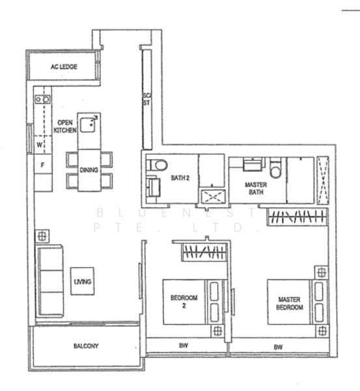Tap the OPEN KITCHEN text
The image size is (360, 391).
[x=64, y=126]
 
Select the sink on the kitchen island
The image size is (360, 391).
[x=89, y=123]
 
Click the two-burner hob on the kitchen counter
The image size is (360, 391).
[x=42, y=99]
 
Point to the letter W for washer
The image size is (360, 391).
[x=39, y=144]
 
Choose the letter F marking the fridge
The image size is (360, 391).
[x=42, y=165]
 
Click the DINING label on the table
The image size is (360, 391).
[x=89, y=170]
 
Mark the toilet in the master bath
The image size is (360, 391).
[x=276, y=168]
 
